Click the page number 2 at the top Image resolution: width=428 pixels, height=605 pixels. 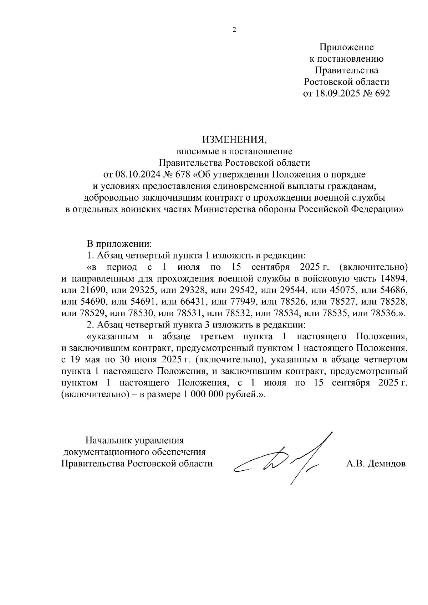pos(234,30)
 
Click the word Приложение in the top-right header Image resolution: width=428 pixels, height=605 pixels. pos(346,47)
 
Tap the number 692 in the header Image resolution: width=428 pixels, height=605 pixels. pos(381,94)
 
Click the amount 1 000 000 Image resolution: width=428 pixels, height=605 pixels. pos(205,395)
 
